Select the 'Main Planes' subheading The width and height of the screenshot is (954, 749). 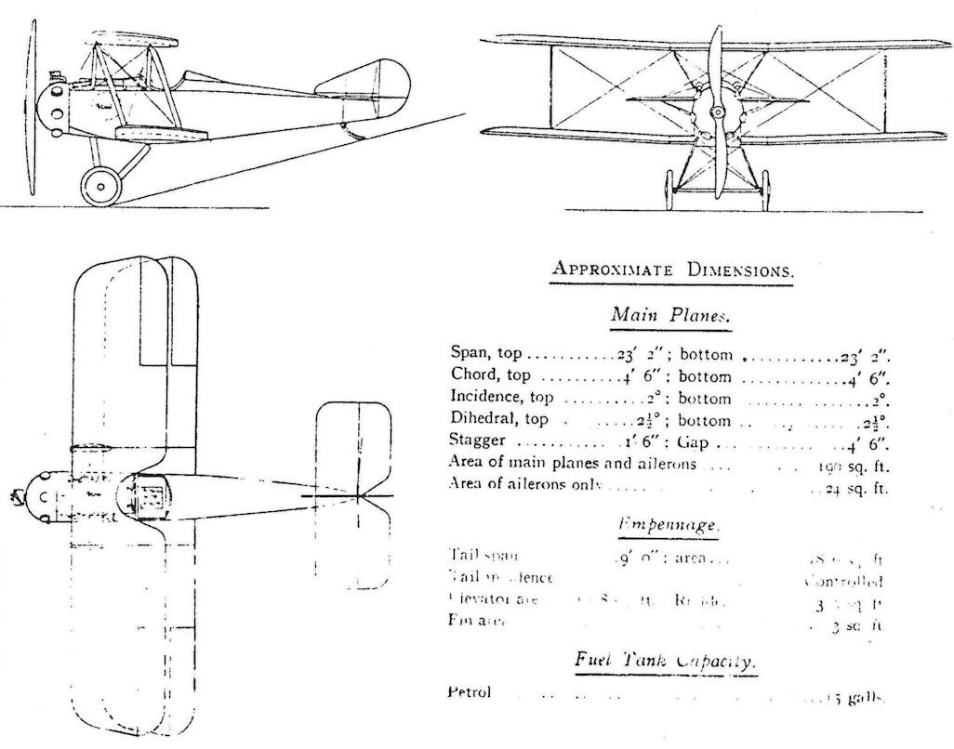click(670, 314)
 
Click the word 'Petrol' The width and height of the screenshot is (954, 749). click(469, 692)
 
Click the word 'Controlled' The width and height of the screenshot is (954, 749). click(842, 583)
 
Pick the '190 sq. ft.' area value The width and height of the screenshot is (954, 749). click(854, 465)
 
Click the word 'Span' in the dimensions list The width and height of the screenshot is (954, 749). click(465, 355)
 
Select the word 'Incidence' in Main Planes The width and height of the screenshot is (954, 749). click(486, 398)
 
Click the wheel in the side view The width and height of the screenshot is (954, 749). click(100, 185)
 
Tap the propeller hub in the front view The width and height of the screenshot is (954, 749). click(716, 112)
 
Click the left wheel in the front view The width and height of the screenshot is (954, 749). click(668, 191)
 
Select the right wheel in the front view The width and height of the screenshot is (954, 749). click(765, 191)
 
